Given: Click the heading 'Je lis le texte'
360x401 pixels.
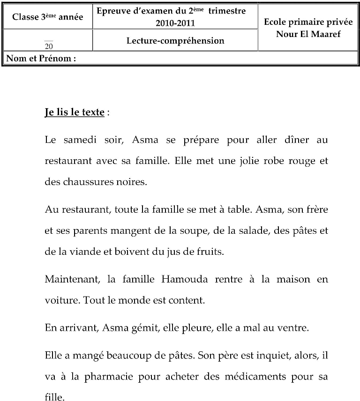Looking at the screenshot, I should click(x=74, y=113).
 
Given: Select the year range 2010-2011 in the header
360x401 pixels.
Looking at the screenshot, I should click(x=175, y=23).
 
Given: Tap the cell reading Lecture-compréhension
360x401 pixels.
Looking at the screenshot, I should click(x=175, y=41).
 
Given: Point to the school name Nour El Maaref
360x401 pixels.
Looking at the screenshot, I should click(x=308, y=34).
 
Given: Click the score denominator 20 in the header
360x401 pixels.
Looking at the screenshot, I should click(x=49, y=46).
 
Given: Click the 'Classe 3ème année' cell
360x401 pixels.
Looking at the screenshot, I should click(x=47, y=17).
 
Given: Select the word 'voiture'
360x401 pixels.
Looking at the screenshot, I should click(x=61, y=300).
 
